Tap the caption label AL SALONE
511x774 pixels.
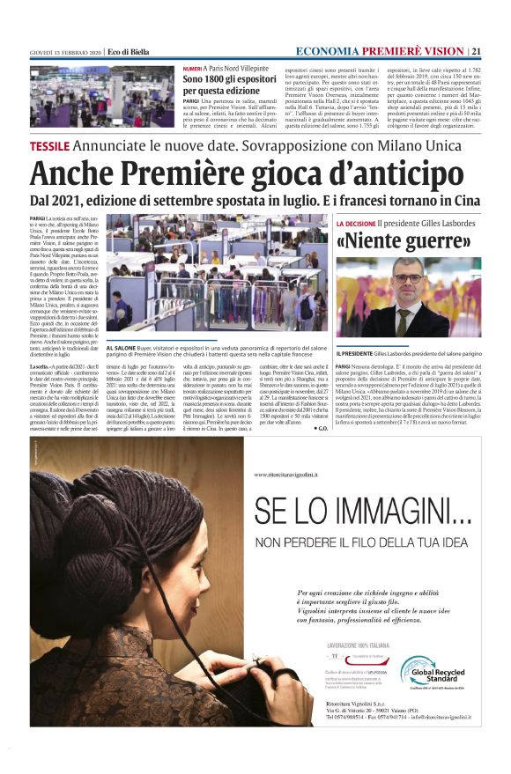click(x=121, y=349)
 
